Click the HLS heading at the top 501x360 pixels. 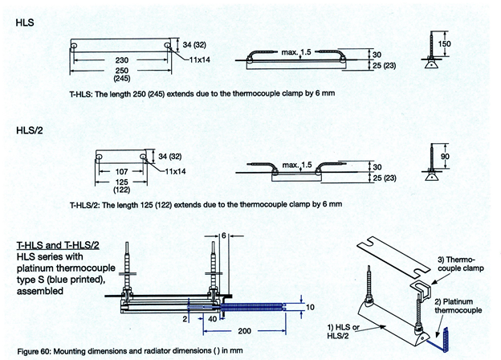click(24, 24)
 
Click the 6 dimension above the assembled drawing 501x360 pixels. click(227, 235)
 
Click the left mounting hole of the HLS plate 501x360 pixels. click(75, 47)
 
